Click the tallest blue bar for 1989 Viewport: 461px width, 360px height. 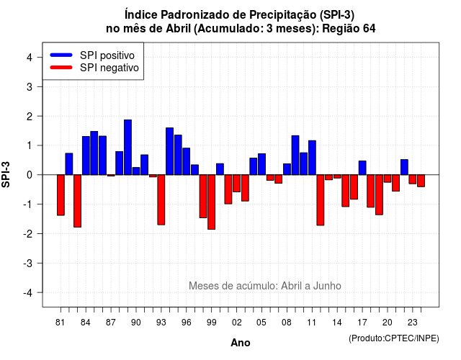tap(127, 147)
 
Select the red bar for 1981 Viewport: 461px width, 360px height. tap(61, 195)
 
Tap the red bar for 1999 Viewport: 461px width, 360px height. tap(211, 202)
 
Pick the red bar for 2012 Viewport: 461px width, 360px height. tap(321, 200)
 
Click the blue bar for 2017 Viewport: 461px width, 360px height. tap(362, 168)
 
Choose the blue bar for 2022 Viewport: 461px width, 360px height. tap(404, 167)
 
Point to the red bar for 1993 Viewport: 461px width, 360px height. tap(161, 200)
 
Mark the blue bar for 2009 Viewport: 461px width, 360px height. tap(295, 156)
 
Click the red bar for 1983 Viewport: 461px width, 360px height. tap(77, 201)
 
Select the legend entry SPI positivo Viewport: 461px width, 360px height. tap(92, 55)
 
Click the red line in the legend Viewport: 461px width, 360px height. tap(61, 68)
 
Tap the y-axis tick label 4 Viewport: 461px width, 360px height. tap(30, 58)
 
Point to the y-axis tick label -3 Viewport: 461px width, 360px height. tap(28, 264)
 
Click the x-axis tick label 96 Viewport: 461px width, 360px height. tap(186, 323)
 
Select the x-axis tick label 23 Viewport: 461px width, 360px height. tap(412, 323)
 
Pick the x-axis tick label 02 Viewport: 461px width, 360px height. tap(236, 323)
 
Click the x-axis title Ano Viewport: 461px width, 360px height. tap(241, 343)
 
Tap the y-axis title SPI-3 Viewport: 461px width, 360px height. tap(6, 174)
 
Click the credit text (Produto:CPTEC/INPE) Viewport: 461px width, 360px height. tap(394, 338)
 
